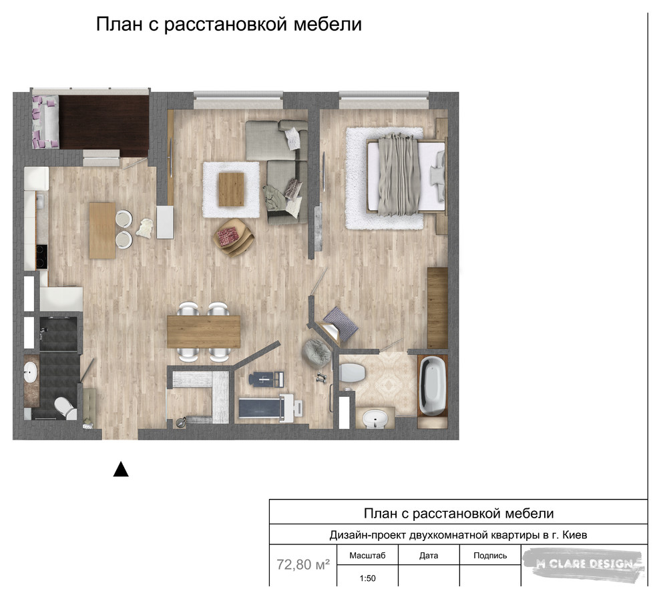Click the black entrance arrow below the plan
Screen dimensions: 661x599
coord(121,469)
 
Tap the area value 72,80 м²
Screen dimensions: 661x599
coord(303,564)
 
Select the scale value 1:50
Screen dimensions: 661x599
coord(368,578)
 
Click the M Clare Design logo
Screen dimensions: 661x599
coord(584,564)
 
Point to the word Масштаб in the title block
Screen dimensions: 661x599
coord(367,556)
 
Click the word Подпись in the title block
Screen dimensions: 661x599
coord(490,556)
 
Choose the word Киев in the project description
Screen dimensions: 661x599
coord(575,535)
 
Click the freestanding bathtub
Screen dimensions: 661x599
coord(433,386)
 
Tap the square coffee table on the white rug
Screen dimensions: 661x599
coord(232,189)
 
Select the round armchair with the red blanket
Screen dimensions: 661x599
coord(234,237)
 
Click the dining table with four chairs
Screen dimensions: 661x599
coord(204,332)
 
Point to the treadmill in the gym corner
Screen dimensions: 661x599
coord(270,408)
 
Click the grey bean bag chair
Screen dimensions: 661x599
coord(317,353)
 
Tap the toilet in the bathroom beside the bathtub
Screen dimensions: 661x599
coord(352,373)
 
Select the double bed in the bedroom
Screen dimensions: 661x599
coord(406,174)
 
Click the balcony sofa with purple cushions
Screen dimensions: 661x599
coord(45,122)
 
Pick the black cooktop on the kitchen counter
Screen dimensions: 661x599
coord(42,257)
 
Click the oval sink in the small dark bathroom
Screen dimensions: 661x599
coord(31,372)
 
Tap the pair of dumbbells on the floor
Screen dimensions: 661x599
coord(322,377)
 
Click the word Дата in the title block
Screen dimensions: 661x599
coord(429,556)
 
